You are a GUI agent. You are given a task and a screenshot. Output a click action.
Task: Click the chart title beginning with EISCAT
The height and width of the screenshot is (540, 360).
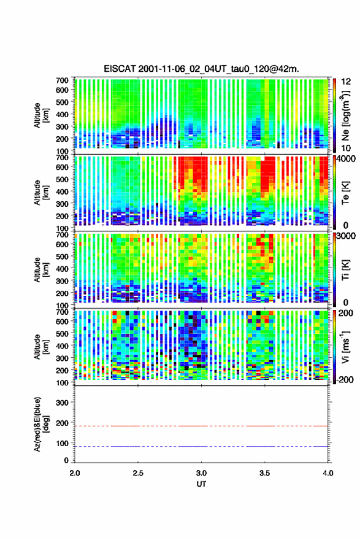coord(201,69)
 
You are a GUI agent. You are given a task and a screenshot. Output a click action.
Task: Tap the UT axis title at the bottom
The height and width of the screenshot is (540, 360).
coord(201,484)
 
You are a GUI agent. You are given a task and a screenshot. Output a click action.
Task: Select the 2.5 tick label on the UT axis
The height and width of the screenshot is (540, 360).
coord(138,473)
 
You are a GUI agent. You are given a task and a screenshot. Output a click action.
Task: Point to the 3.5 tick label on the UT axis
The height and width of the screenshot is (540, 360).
coord(265,473)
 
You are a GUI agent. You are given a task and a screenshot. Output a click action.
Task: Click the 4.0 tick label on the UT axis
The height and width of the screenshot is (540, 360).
coord(328,473)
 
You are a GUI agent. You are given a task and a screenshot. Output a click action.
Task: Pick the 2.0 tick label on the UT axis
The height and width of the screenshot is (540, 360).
coord(75,473)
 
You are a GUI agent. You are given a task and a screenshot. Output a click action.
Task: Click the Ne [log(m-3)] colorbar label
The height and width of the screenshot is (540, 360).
coord(345,115)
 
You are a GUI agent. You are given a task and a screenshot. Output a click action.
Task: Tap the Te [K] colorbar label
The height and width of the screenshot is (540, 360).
coord(345,193)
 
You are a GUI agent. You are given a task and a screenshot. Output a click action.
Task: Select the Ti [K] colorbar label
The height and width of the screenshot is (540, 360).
coord(345,271)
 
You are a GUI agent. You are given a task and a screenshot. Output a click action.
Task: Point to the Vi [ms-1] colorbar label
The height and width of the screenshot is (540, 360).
coord(345,347)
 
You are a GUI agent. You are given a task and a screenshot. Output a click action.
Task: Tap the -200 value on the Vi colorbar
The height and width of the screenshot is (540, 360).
coord(345,379)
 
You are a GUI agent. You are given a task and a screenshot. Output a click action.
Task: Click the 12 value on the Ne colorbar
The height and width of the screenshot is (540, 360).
coord(346,81)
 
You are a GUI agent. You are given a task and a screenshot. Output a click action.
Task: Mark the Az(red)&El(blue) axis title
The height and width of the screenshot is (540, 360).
coord(41,424)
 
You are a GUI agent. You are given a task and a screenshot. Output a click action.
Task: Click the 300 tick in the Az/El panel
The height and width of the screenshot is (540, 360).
coord(63,403)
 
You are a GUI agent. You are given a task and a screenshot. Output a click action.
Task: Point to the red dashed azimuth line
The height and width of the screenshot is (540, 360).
coord(201,426)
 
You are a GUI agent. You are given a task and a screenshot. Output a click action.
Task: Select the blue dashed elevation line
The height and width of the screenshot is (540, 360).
coord(201,446)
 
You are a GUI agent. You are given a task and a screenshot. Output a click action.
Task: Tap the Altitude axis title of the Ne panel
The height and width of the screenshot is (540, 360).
coord(41,115)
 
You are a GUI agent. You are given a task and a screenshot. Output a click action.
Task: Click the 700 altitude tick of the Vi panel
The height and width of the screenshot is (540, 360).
coord(63,312)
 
